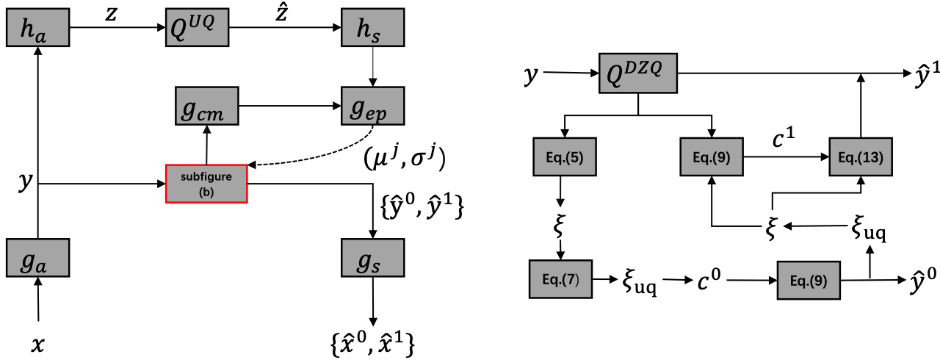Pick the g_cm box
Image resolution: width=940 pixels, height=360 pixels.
coord(208,106)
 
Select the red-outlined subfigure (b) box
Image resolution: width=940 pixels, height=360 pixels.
coord(206,182)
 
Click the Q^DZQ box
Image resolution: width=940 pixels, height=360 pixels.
coord(637,73)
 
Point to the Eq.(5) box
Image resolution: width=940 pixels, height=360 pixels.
coord(560,157)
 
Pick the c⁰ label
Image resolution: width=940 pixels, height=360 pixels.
coord(712,280)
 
